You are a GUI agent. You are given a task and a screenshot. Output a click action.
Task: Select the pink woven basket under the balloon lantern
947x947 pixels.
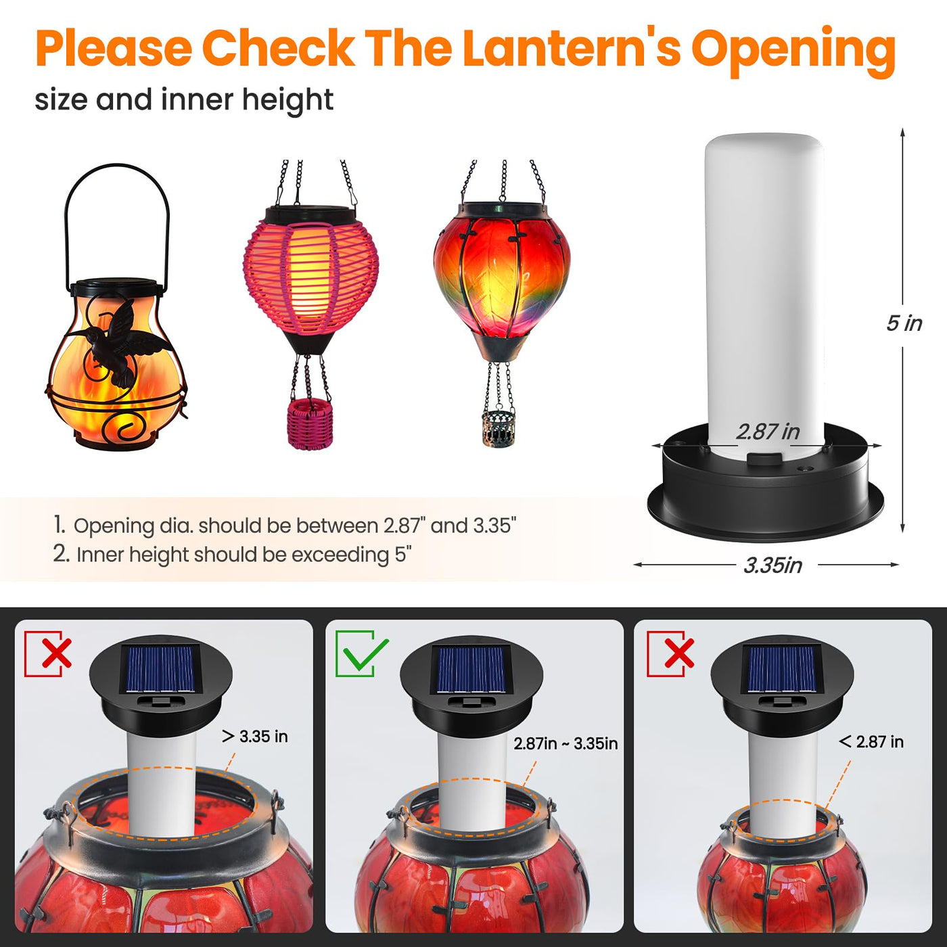[310, 423]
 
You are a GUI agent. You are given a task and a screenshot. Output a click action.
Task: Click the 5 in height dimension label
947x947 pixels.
[904, 323]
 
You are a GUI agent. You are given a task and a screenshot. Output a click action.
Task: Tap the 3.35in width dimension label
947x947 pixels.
[772, 565]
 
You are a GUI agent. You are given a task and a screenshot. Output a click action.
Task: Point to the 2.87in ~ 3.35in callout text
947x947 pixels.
[565, 743]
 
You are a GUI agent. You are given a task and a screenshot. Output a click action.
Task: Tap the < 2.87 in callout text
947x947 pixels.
[871, 741]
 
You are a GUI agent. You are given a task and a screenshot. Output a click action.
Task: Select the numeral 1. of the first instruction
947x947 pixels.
[60, 526]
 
